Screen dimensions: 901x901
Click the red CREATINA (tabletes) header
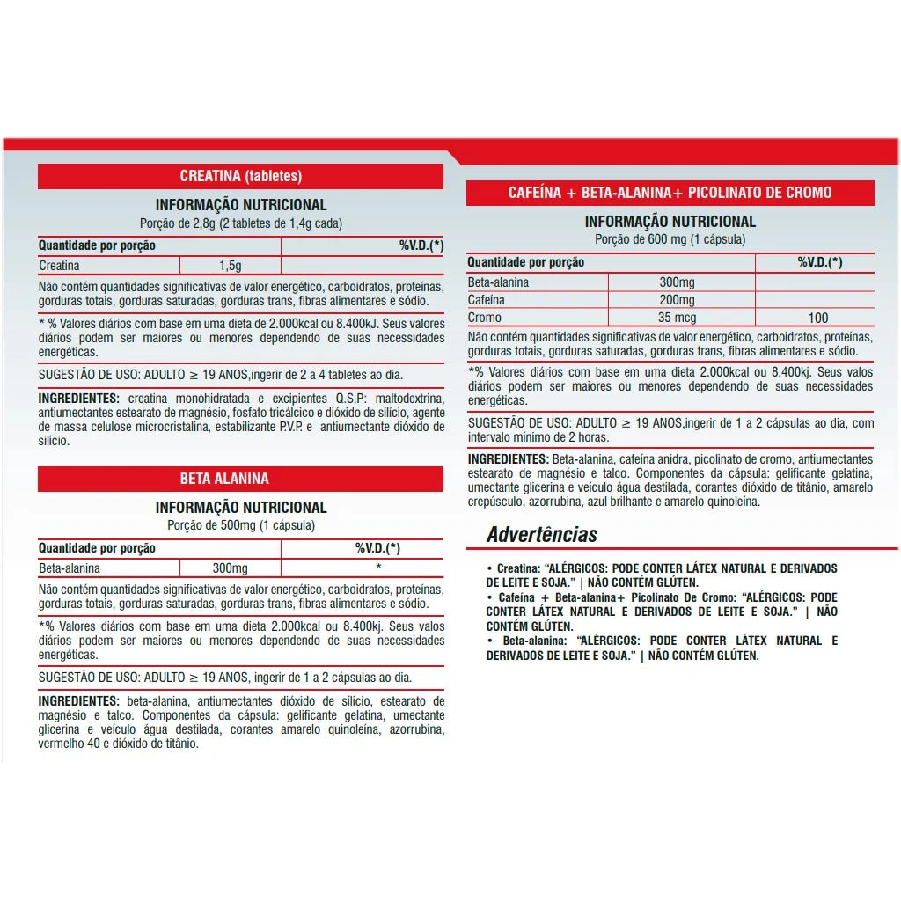[240, 176]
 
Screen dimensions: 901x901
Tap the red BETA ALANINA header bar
[224, 479]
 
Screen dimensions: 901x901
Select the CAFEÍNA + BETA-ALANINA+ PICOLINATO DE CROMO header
[670, 193]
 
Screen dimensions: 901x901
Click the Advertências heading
[542, 535]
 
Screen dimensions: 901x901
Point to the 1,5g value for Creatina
[230, 265]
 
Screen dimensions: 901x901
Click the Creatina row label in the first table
[60, 265]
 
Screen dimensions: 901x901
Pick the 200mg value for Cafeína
[677, 300]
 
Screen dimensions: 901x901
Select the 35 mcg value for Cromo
[677, 318]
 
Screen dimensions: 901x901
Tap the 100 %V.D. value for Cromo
[818, 318]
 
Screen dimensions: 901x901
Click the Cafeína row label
[487, 300]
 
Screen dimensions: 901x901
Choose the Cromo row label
[485, 318]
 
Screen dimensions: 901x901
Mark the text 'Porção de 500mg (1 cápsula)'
[241, 525]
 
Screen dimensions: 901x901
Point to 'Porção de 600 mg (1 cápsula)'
[670, 239]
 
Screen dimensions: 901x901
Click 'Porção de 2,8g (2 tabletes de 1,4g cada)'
[241, 223]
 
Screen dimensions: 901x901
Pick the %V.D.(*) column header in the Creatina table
[421, 245]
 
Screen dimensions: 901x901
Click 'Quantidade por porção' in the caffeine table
[526, 262]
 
